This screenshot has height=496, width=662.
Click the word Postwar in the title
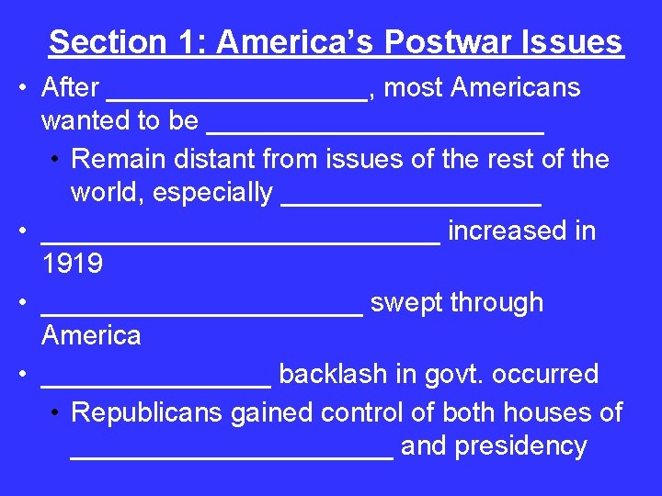(x=439, y=42)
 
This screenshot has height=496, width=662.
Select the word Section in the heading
(x=107, y=42)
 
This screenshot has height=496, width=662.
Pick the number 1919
(x=72, y=265)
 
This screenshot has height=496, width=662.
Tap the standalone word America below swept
(x=91, y=335)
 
